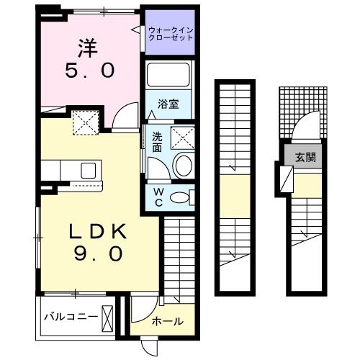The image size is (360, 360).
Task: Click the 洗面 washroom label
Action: coord(156,142)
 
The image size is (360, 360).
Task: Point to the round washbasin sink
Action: coord(183,165)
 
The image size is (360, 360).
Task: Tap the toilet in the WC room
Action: coord(183,197)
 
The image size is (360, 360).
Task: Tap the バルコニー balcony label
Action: coord(71,316)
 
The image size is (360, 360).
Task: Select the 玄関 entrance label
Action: coord(302,156)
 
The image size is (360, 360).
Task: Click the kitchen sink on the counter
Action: coord(89,170)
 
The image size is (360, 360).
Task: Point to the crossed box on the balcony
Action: coord(108,317)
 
